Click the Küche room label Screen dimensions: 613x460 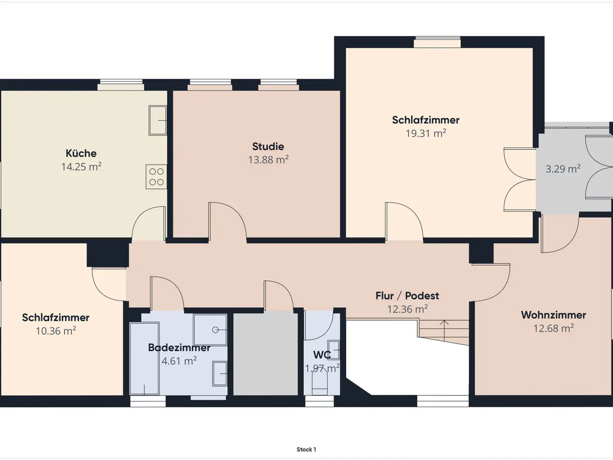pyautogui.click(x=81, y=153)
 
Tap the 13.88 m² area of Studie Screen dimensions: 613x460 pyautogui.click(x=268, y=160)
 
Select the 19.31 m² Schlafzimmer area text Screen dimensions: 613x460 pyautogui.click(x=426, y=133)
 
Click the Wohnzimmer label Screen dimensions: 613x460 pyautogui.click(x=553, y=315)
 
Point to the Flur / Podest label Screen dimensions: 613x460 pyautogui.click(x=407, y=296)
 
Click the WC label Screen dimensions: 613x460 pyautogui.click(x=322, y=355)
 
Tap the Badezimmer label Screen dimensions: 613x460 pyautogui.click(x=179, y=347)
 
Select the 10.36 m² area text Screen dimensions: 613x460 pyautogui.click(x=56, y=331)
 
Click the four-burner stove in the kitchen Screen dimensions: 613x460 pyautogui.click(x=157, y=177)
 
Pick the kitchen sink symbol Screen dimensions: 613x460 pyautogui.click(x=158, y=120)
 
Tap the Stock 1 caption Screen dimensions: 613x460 pyautogui.click(x=306, y=449)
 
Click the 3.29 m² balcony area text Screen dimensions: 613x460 pyautogui.click(x=563, y=169)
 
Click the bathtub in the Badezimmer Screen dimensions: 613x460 pyautogui.click(x=144, y=358)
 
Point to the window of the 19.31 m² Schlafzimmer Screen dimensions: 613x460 pyautogui.click(x=437, y=42)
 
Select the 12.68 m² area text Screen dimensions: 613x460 pyautogui.click(x=554, y=328)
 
